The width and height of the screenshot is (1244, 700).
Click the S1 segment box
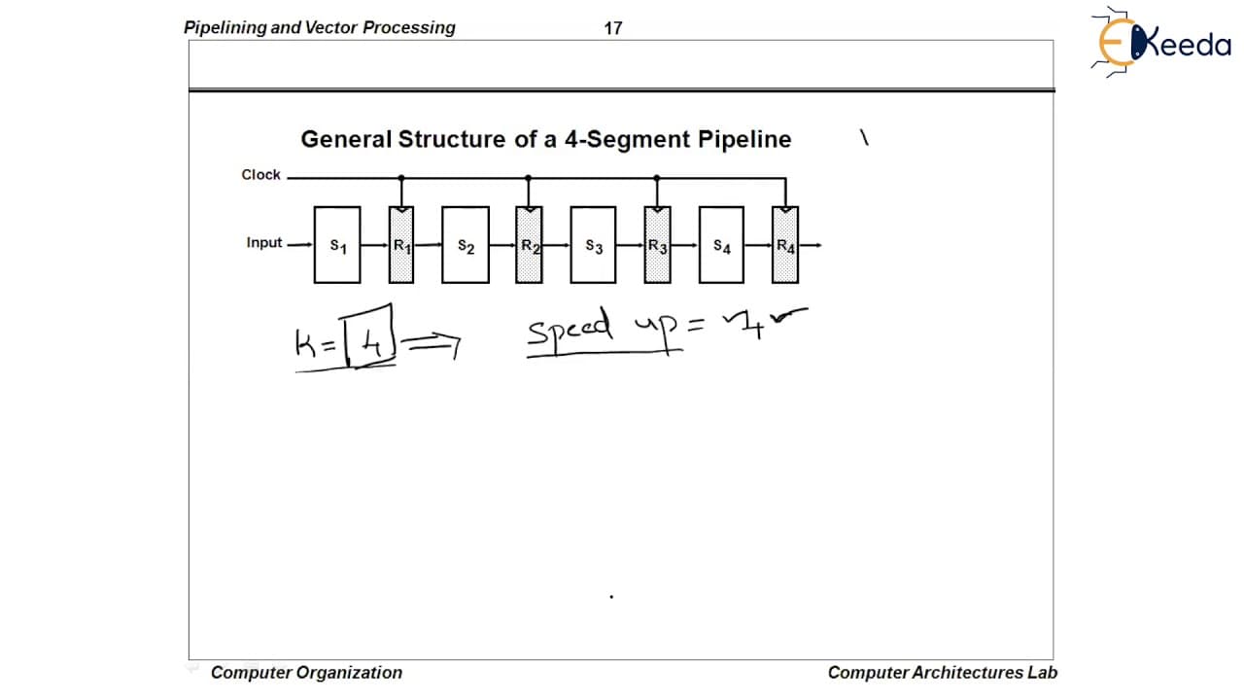337,245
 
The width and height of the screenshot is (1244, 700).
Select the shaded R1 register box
401,245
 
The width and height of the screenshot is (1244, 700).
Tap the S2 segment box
466,245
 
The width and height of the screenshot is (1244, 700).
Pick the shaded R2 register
529,245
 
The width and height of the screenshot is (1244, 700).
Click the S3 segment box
593,245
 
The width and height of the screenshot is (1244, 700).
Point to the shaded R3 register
658,245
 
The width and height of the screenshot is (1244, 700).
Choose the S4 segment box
721,245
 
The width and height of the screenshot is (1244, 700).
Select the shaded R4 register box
785,245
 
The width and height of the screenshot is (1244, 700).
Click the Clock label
261,175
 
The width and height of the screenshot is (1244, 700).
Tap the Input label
264,243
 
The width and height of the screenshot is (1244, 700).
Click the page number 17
613,28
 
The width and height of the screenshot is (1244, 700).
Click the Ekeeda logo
1161,42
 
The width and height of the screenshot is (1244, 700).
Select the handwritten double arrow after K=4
434,344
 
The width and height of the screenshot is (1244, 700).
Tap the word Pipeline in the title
744,139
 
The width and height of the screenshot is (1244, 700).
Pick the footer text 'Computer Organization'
306,673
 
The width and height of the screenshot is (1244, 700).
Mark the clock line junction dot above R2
528,178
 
